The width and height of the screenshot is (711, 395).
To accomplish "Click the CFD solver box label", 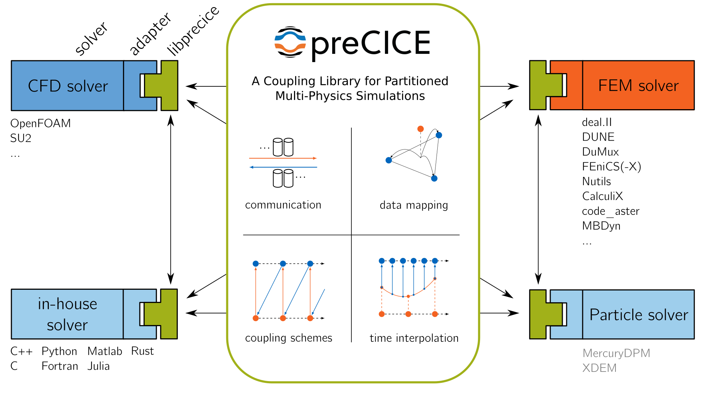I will [x=68, y=86].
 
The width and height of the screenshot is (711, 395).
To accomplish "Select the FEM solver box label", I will [x=638, y=86].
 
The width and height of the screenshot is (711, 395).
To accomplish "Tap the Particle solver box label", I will [x=638, y=315].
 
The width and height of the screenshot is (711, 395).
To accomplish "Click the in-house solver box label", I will [x=67, y=314].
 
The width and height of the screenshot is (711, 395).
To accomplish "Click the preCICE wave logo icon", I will [x=290, y=42].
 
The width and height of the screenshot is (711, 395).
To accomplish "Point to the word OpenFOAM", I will [x=41, y=123].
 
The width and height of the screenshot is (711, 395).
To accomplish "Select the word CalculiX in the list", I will [x=602, y=196].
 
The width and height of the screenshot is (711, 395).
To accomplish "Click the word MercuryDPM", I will [x=616, y=353].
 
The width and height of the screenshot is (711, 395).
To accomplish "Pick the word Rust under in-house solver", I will [x=142, y=351].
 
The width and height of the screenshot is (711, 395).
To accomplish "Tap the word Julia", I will [x=98, y=366].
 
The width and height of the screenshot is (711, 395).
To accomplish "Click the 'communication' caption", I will [x=283, y=205].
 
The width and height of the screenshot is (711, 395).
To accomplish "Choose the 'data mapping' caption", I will [x=413, y=205].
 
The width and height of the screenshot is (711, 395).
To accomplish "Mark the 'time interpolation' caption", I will [x=414, y=338].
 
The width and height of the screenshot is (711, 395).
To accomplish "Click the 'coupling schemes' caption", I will [x=288, y=338].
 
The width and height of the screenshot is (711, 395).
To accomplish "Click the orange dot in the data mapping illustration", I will [x=421, y=129].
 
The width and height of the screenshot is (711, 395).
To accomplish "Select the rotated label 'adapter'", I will [x=150, y=34].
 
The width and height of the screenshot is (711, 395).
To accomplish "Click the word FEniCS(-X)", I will [x=611, y=167].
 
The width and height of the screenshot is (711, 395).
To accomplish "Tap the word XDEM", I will [x=599, y=368].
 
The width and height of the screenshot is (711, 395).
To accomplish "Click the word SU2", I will [x=21, y=138].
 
